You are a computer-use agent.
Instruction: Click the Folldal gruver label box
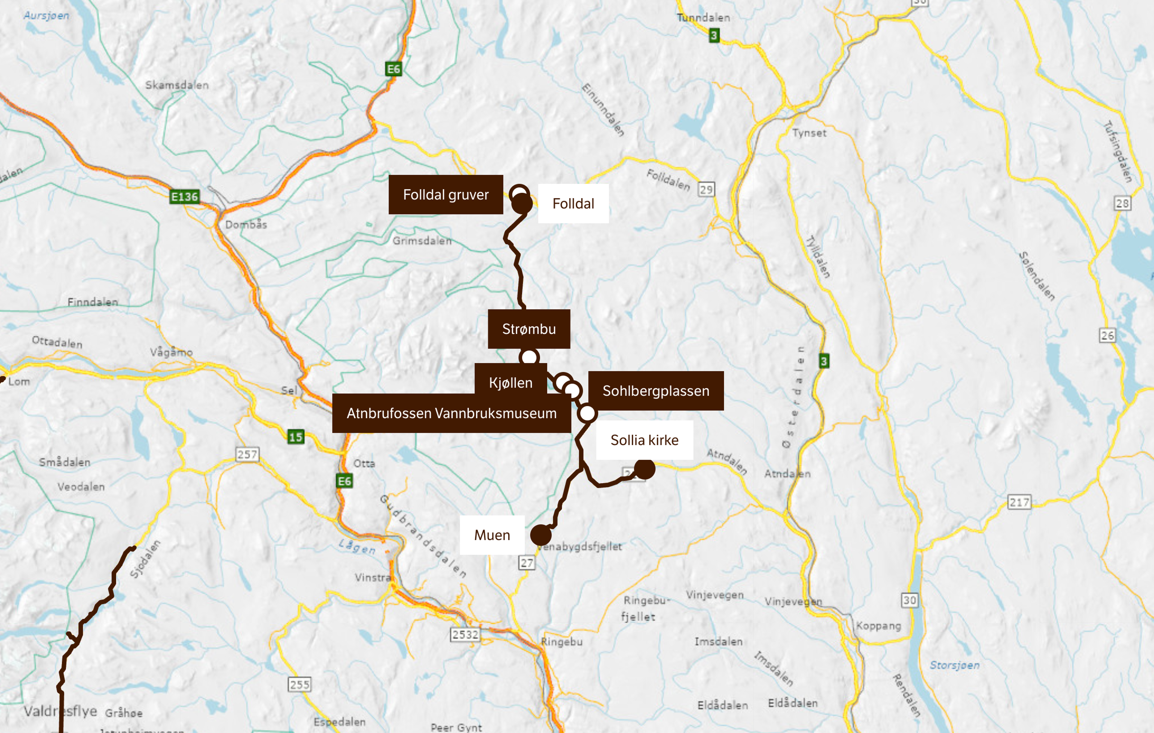(446, 195)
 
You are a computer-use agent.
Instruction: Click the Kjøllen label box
(510, 383)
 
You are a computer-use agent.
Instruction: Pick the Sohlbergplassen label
(656, 391)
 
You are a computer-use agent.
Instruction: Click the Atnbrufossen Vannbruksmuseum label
(451, 414)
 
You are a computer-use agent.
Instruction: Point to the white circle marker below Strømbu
(529, 357)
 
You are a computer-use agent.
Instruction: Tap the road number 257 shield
(247, 454)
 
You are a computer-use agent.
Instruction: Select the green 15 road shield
(296, 436)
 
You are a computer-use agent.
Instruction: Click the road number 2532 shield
(465, 635)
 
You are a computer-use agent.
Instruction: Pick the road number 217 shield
(1019, 502)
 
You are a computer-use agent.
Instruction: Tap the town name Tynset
(809, 133)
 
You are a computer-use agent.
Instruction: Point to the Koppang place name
(878, 626)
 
